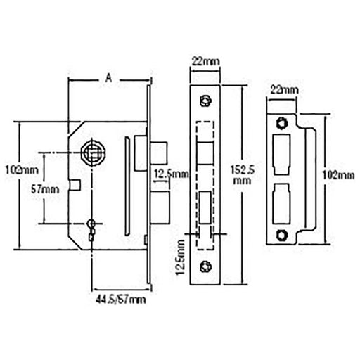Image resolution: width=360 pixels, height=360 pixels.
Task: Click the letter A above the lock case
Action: [x=108, y=79]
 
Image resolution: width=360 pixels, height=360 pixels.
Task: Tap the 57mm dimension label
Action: [x=46, y=189]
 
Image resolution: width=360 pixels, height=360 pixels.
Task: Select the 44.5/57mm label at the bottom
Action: [x=121, y=300]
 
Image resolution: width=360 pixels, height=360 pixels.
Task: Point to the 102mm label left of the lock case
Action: [x=20, y=169]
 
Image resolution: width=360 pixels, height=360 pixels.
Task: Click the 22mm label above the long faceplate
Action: [x=205, y=62]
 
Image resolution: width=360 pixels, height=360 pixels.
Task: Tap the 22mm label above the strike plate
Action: [x=285, y=90]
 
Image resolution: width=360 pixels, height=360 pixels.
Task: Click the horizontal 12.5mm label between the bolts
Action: [x=172, y=174]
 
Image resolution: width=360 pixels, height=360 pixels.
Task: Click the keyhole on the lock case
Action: [x=91, y=227]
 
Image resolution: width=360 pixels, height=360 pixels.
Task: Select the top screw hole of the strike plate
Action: [x=283, y=124]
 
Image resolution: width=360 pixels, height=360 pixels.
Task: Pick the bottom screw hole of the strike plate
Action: [x=283, y=234]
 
